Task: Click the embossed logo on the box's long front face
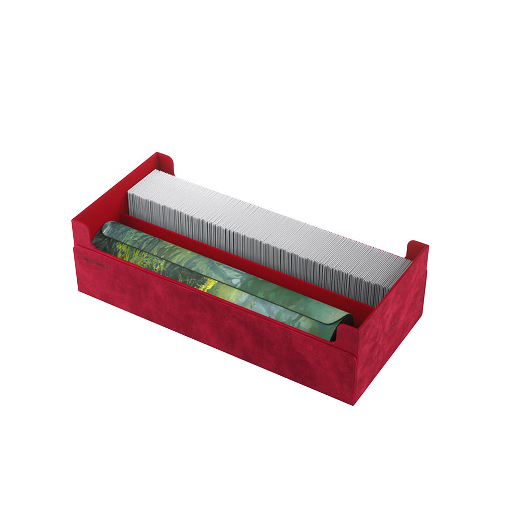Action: tap(93, 264)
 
